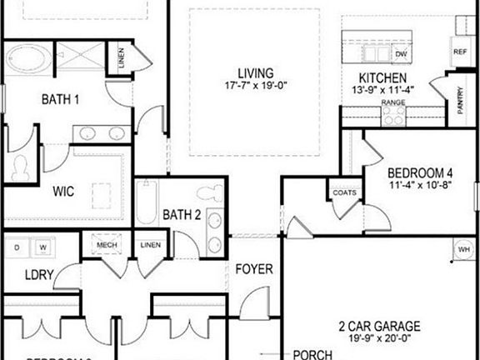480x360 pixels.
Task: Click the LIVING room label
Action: click(x=255, y=73)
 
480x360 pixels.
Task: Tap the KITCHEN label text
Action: click(x=382, y=77)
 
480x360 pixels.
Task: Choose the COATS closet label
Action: click(x=344, y=192)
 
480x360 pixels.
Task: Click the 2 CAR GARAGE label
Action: click(x=379, y=326)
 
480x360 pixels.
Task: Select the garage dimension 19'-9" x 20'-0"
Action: click(x=379, y=339)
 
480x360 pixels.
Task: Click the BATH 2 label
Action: click(x=182, y=215)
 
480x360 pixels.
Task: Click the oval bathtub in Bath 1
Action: click(x=30, y=62)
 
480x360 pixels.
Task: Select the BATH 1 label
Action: click(x=60, y=100)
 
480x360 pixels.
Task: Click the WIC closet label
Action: click(x=63, y=192)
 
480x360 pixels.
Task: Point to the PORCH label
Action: click(x=313, y=354)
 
